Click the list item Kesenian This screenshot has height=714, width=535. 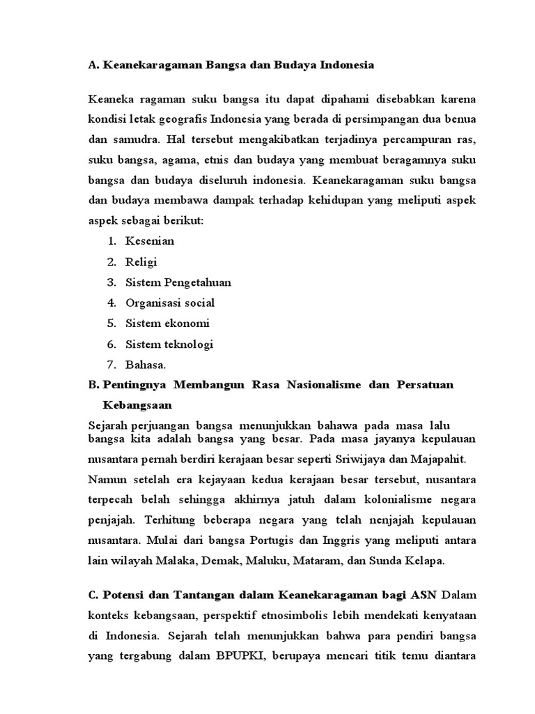(x=150, y=241)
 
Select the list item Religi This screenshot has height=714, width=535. (x=141, y=262)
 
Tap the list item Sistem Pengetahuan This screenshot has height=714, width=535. (x=178, y=282)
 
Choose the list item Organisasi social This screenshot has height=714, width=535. (x=170, y=303)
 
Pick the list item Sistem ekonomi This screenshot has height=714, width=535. (x=167, y=324)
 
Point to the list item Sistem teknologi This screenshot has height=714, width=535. (x=169, y=344)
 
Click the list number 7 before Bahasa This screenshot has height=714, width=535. (x=111, y=365)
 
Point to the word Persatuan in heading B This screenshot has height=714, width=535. (x=424, y=386)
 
